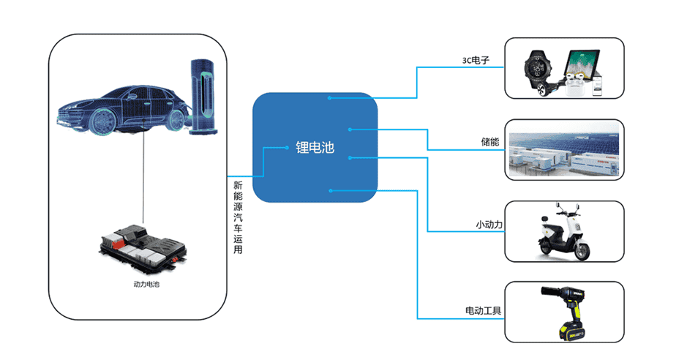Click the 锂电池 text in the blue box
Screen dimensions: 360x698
[x=315, y=148]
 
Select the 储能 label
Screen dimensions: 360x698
[x=489, y=142]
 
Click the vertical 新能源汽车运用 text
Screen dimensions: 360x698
[x=237, y=217]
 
